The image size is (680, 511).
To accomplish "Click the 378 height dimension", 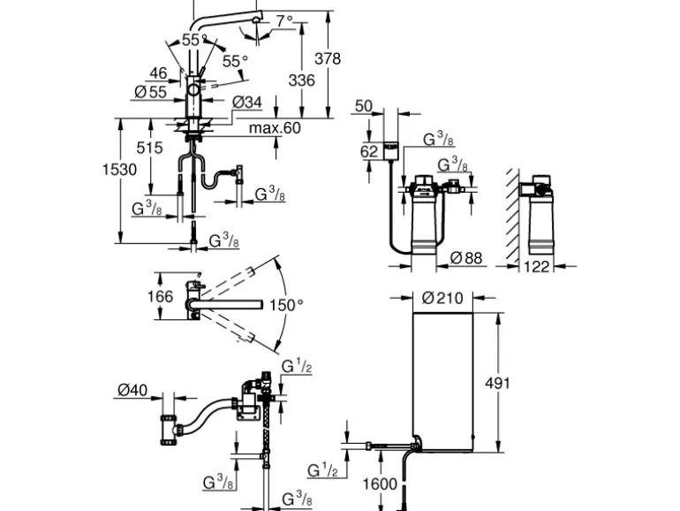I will pyautogui.click(x=329, y=59).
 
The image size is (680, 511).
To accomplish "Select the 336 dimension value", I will pyautogui.click(x=301, y=80).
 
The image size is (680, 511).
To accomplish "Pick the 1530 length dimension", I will pyautogui.click(x=121, y=169).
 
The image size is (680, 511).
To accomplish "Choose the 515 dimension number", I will pyautogui.click(x=150, y=148).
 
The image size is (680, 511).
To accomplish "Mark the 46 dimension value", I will pyautogui.click(x=158, y=73).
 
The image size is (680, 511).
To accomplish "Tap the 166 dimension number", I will pyautogui.click(x=160, y=296).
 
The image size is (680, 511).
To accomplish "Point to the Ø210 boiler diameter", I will pyautogui.click(x=440, y=297).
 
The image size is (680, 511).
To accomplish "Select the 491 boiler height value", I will pyautogui.click(x=497, y=383).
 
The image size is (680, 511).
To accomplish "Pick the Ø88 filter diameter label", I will pyautogui.click(x=467, y=258).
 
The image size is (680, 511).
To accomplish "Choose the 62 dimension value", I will pyautogui.click(x=369, y=151).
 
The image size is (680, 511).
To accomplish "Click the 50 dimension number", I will pyautogui.click(x=363, y=106).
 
